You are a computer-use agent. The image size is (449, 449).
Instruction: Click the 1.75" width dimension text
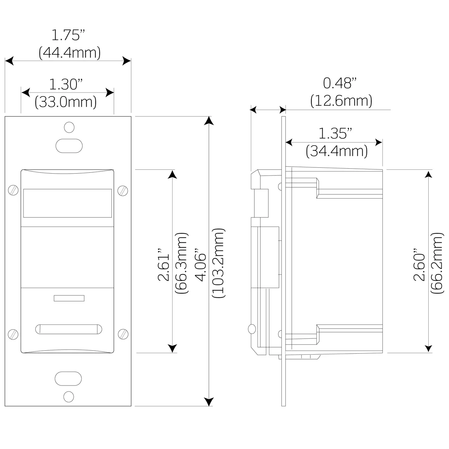tap(68, 36)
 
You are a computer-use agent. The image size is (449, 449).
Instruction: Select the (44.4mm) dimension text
tap(69, 53)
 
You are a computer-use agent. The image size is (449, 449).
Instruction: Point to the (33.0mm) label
tap(66, 102)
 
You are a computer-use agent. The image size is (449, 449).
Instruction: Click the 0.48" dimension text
tap(340, 83)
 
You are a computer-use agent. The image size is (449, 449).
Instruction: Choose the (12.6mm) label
tap(341, 101)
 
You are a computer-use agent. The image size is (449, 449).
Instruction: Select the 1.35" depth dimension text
tap(335, 134)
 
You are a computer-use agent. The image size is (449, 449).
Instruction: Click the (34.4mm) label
tap(337, 151)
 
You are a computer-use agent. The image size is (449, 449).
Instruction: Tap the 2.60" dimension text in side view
tap(420, 265)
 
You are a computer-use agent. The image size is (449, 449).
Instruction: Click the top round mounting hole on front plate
tap(69, 127)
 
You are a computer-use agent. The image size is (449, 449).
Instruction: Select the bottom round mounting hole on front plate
tap(69, 396)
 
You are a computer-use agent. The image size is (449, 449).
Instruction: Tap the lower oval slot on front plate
tap(68, 378)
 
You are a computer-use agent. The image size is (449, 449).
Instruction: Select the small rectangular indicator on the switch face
tap(69, 298)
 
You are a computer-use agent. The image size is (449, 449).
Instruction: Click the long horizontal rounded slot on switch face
tap(69, 329)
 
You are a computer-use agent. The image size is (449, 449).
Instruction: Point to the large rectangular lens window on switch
tap(67, 203)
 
